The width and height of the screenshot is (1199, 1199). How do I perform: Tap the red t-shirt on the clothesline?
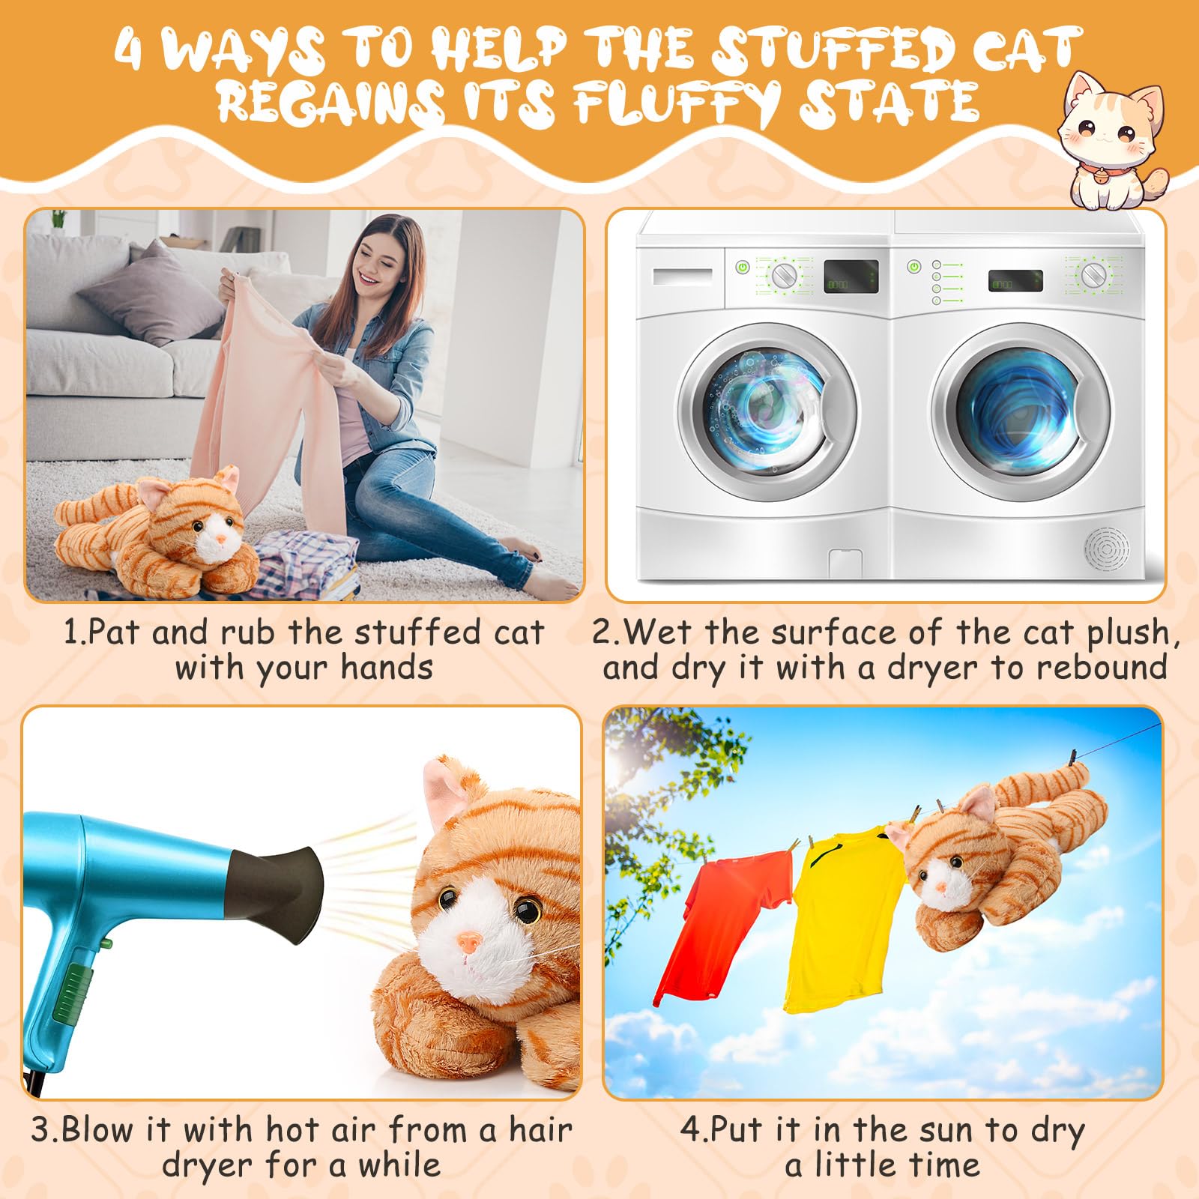point(723,922)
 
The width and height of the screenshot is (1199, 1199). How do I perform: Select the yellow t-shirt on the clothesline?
point(843,914)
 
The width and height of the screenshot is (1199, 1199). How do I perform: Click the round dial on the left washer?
point(785,275)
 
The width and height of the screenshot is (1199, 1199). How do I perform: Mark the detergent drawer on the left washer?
point(682,276)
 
